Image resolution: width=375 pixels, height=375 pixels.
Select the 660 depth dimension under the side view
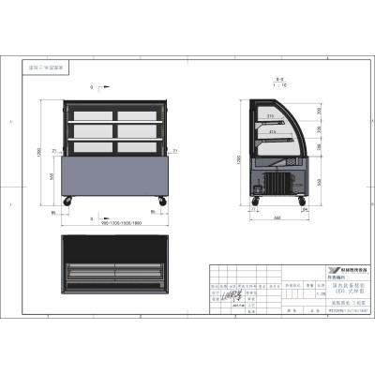tap(279, 218)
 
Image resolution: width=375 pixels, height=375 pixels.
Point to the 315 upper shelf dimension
tap(272, 116)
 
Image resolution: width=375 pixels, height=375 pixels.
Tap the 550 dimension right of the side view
tap(322, 181)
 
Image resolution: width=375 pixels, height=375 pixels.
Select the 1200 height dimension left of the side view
tap(240, 158)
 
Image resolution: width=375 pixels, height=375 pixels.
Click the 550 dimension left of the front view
tap(51, 177)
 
